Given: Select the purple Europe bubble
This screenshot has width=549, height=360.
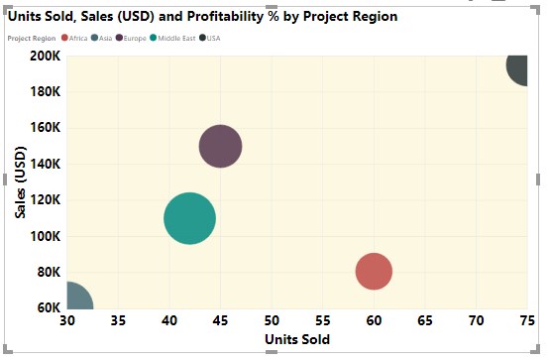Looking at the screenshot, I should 221,147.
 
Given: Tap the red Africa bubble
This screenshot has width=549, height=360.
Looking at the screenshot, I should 374,271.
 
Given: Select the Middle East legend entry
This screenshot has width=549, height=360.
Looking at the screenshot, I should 174,38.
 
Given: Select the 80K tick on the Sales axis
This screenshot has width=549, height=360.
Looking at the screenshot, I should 47,272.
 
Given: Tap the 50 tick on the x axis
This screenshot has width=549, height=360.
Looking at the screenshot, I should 272,321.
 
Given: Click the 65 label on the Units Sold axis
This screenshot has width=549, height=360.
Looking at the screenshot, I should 425,321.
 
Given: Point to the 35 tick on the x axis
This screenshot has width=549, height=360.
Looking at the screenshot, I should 118,321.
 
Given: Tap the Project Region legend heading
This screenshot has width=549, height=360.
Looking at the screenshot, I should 31,38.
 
